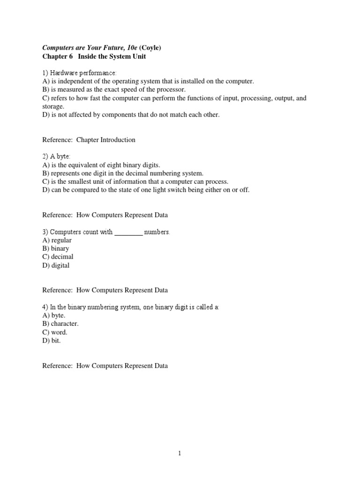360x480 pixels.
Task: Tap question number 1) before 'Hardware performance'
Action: click(x=45, y=73)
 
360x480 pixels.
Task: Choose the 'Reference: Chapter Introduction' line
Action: click(x=89, y=140)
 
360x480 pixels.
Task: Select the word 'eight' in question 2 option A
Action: click(x=111, y=165)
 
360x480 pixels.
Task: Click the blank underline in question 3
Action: click(x=128, y=232)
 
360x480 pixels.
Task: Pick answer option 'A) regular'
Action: click(x=57, y=240)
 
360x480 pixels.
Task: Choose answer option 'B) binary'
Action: click(x=55, y=249)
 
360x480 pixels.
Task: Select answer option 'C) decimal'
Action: click(x=58, y=257)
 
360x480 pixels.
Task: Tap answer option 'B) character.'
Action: click(x=60, y=324)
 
